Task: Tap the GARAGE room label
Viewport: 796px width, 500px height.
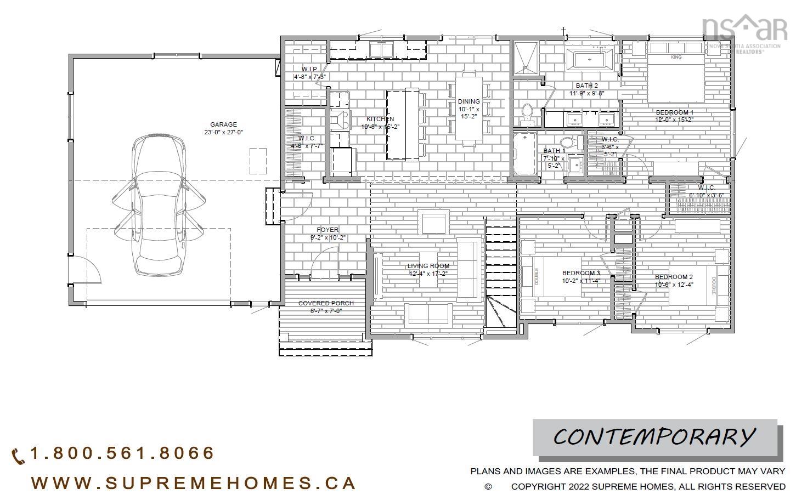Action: [223, 125]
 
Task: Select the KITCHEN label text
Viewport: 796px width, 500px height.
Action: [380, 120]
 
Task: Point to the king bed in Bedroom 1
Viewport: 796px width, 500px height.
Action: [676, 77]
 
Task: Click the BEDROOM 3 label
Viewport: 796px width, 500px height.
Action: [581, 273]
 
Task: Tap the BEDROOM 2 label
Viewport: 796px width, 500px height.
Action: [674, 277]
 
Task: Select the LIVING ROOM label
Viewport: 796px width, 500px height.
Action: [428, 266]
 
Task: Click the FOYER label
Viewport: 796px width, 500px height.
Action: [328, 230]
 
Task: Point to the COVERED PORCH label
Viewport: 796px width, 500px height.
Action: [326, 303]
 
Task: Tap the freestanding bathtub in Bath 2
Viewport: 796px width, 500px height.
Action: [590, 59]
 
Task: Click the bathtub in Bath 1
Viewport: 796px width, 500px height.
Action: [525, 154]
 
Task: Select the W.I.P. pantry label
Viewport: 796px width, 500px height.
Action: [310, 69]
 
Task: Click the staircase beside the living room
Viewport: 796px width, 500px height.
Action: [500, 274]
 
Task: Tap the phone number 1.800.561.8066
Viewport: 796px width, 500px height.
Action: [122, 453]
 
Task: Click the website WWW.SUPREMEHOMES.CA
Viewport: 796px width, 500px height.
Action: [194, 483]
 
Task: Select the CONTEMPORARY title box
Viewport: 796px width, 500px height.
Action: [655, 437]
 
